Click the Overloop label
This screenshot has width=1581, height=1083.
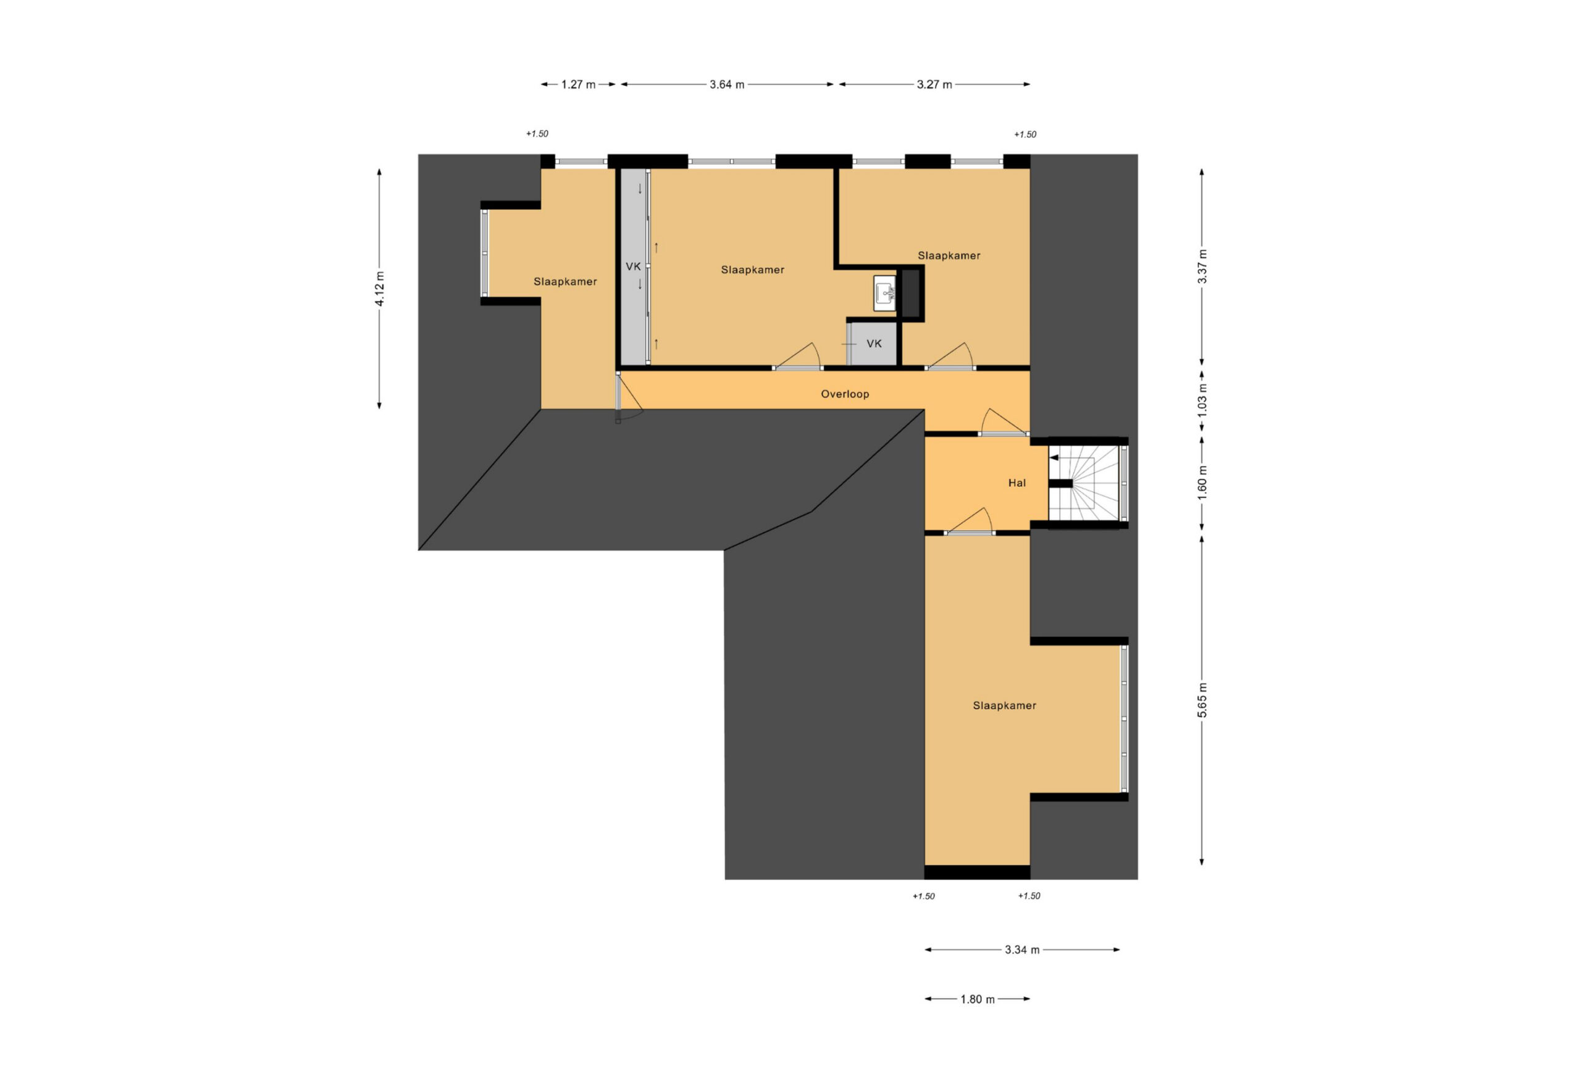[x=844, y=394]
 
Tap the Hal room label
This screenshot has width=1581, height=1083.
[x=1017, y=483]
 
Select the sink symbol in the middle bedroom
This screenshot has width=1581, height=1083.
[x=884, y=294]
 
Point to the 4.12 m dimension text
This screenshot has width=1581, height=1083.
[x=380, y=289]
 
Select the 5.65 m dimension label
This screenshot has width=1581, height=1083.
[x=1202, y=700]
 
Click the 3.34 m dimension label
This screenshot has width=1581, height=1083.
[x=1022, y=950]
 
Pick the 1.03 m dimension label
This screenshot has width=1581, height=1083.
[x=1202, y=401]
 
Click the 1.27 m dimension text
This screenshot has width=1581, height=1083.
[x=578, y=85]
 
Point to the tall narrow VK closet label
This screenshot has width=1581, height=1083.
[x=632, y=267]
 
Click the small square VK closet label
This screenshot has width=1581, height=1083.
[x=874, y=344]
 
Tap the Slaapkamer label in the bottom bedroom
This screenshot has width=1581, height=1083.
[x=1004, y=706]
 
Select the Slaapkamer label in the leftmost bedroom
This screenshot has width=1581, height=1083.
[x=564, y=281]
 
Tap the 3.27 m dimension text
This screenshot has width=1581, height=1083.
[x=934, y=85]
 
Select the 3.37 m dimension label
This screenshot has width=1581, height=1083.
[x=1202, y=267]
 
